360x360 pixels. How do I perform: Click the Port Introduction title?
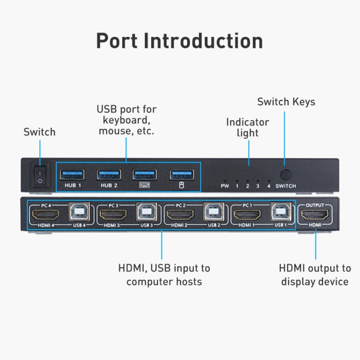point(179,41)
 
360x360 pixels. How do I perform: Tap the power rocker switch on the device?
point(40,175)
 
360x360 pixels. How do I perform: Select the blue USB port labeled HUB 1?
point(75,174)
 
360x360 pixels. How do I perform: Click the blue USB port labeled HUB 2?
point(109,174)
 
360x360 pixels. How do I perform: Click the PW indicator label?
point(225,186)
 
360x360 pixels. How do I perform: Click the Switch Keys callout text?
point(286,102)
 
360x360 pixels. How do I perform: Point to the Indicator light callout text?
point(247,127)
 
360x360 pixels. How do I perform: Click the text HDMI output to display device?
point(315,275)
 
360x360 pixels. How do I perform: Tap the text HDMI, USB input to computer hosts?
point(164,275)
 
